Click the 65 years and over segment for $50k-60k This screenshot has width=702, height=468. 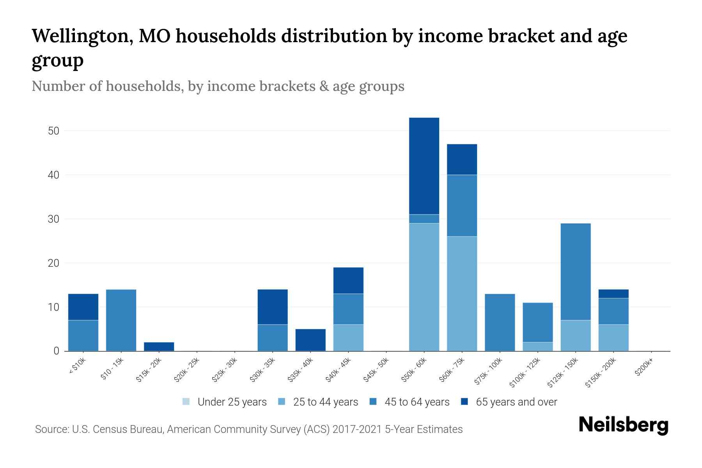424,166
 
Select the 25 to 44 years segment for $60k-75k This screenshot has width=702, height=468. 462,293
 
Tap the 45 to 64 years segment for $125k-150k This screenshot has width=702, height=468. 575,271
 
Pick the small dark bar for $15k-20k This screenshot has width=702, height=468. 159,347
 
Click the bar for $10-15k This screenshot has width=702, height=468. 121,320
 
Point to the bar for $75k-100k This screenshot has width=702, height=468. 500,322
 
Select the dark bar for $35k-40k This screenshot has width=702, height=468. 310,340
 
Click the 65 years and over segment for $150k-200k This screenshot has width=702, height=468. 613,294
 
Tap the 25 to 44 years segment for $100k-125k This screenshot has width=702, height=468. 537,347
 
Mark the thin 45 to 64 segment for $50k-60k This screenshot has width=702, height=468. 424,219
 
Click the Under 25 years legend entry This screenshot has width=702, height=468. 225,402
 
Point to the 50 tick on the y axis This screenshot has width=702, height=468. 53,131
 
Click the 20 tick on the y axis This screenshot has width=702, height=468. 53,263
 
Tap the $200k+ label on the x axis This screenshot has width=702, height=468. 644,368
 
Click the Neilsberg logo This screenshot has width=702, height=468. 623,425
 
